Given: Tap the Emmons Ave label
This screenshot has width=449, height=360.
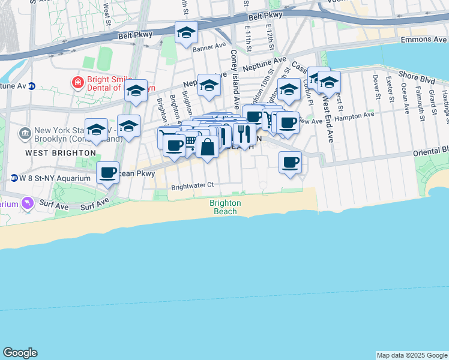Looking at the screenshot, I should (x=423, y=39).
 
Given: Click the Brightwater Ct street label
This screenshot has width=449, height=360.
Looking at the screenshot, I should (x=192, y=186).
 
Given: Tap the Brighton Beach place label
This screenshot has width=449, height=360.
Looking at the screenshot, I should (x=225, y=208).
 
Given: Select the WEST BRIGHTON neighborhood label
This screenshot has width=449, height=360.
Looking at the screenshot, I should (x=61, y=153).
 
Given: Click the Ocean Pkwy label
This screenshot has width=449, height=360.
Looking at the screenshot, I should (x=137, y=174).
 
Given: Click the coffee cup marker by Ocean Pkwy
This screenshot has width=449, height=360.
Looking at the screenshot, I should (x=108, y=173).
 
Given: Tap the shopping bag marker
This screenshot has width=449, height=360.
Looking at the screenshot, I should (x=207, y=147).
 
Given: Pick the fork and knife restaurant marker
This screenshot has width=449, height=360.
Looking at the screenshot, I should (x=244, y=134).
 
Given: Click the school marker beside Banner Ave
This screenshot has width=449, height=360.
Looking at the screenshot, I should (x=187, y=32).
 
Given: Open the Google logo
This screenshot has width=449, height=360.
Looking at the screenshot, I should (x=20, y=353).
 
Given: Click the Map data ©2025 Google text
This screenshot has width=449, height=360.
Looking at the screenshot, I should (x=412, y=355).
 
